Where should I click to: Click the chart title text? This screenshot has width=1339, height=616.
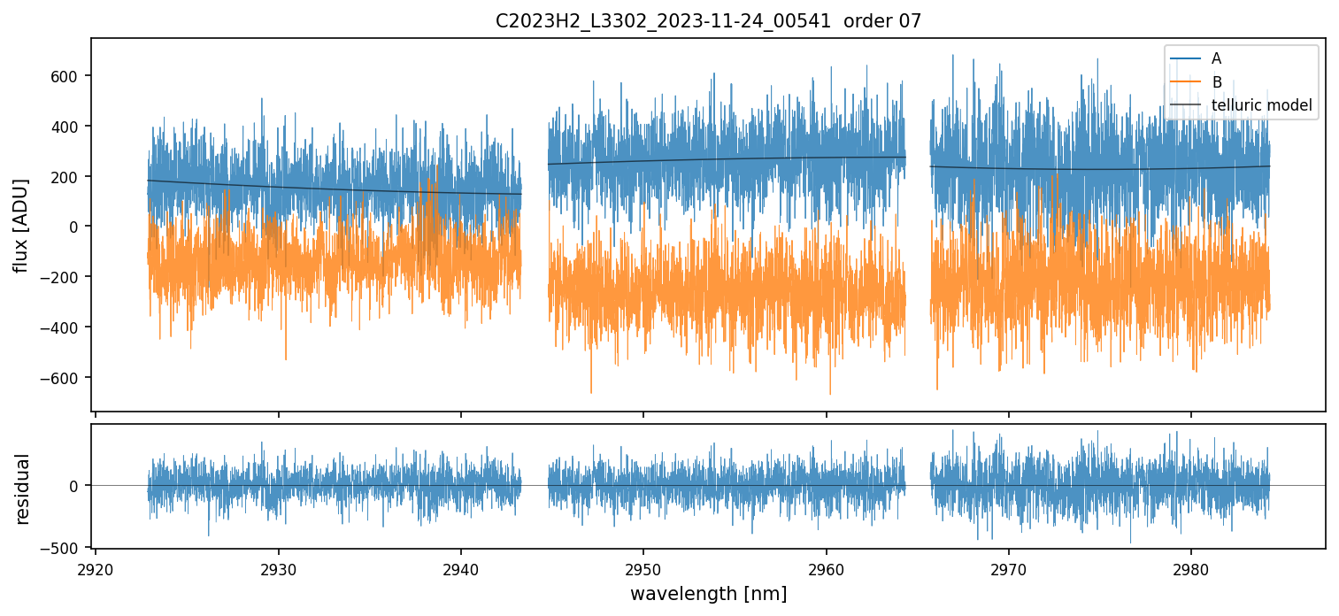[708, 21]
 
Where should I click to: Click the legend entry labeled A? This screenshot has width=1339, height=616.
[1216, 58]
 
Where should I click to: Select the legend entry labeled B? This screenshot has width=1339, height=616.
[1216, 82]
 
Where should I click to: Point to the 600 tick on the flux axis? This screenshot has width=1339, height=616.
[70, 76]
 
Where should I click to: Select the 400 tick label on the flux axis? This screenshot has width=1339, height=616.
[70, 127]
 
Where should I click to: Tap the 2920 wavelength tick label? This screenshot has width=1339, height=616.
[96, 566]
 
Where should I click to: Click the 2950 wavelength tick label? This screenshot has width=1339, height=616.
[643, 566]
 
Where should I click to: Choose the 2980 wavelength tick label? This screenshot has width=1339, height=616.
[1190, 566]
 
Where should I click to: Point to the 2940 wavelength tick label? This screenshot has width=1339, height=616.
[461, 566]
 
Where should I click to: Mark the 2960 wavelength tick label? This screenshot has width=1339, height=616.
[826, 566]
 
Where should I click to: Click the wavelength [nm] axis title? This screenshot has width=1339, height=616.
[708, 594]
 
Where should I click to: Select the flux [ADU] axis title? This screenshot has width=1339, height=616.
[21, 225]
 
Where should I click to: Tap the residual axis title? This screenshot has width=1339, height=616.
[23, 489]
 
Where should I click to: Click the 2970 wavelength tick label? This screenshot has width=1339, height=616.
[1008, 566]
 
